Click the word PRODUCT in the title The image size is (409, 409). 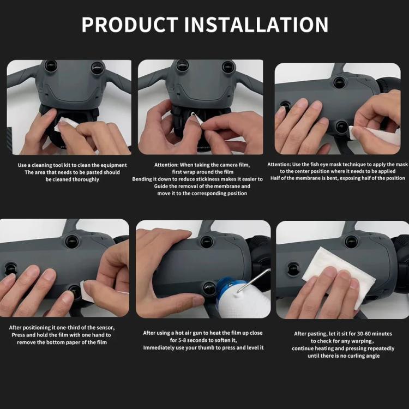(130, 25)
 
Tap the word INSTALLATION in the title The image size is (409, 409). (256, 25)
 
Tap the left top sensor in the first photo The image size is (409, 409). (51, 66)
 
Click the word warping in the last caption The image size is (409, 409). (361, 341)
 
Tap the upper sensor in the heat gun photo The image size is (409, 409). (206, 241)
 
